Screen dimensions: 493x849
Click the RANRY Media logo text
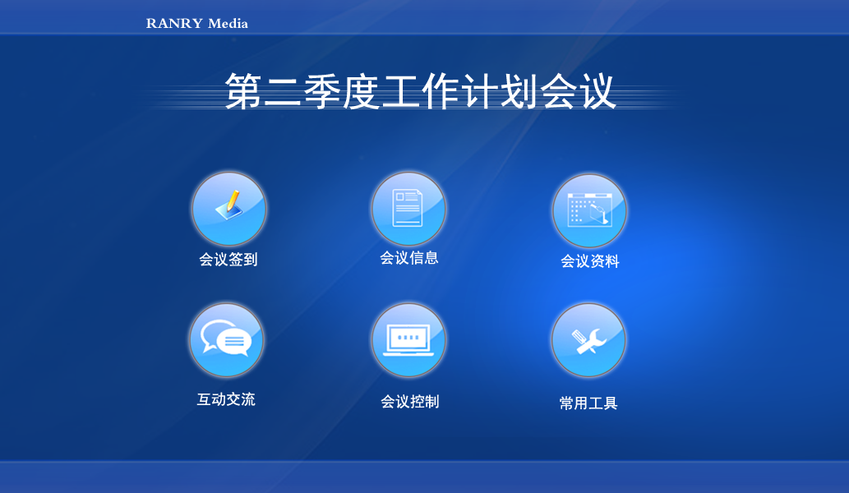tap(197, 23)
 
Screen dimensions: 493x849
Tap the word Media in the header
tap(228, 23)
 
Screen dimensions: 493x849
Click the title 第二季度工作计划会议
tap(420, 91)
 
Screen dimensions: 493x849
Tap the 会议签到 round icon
tap(228, 209)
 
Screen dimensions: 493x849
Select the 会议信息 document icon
tap(408, 209)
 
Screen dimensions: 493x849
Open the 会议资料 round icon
tap(589, 210)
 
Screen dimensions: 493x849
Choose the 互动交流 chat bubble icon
tap(226, 339)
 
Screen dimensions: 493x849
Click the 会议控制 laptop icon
tap(408, 340)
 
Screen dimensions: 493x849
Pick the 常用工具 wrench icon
tap(588, 340)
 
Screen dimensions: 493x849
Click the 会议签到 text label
tap(228, 260)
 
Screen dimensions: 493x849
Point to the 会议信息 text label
tap(408, 258)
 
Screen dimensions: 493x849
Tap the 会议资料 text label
tap(589, 261)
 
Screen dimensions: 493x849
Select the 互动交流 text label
tap(226, 399)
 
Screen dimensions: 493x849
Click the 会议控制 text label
tap(409, 402)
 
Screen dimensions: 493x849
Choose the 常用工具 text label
tap(588, 403)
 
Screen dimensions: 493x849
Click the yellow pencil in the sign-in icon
tap(233, 200)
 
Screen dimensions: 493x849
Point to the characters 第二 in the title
tap(263, 91)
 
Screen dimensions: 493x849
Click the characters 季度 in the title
tap(341, 91)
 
